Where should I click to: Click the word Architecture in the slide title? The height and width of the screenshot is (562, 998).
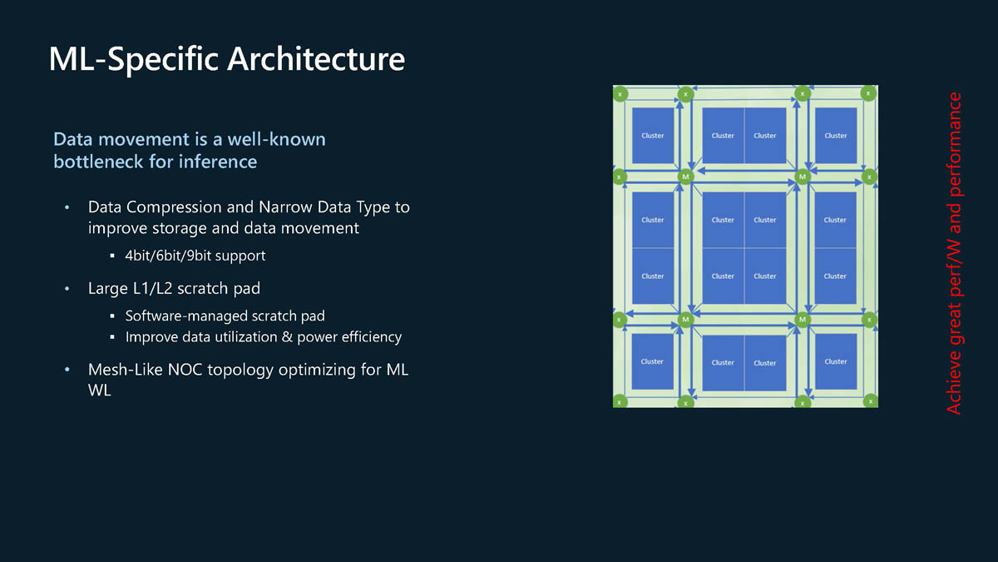tap(316, 59)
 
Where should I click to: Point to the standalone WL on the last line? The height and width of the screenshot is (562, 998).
tap(100, 390)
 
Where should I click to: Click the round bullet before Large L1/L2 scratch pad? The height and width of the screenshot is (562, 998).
tap(67, 290)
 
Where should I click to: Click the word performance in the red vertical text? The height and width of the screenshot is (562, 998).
tap(954, 144)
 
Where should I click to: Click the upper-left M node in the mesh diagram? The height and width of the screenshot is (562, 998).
tap(685, 177)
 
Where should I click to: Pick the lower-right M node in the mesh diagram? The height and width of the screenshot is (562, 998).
tap(803, 319)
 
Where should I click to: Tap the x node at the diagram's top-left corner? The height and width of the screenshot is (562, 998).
tap(620, 94)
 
